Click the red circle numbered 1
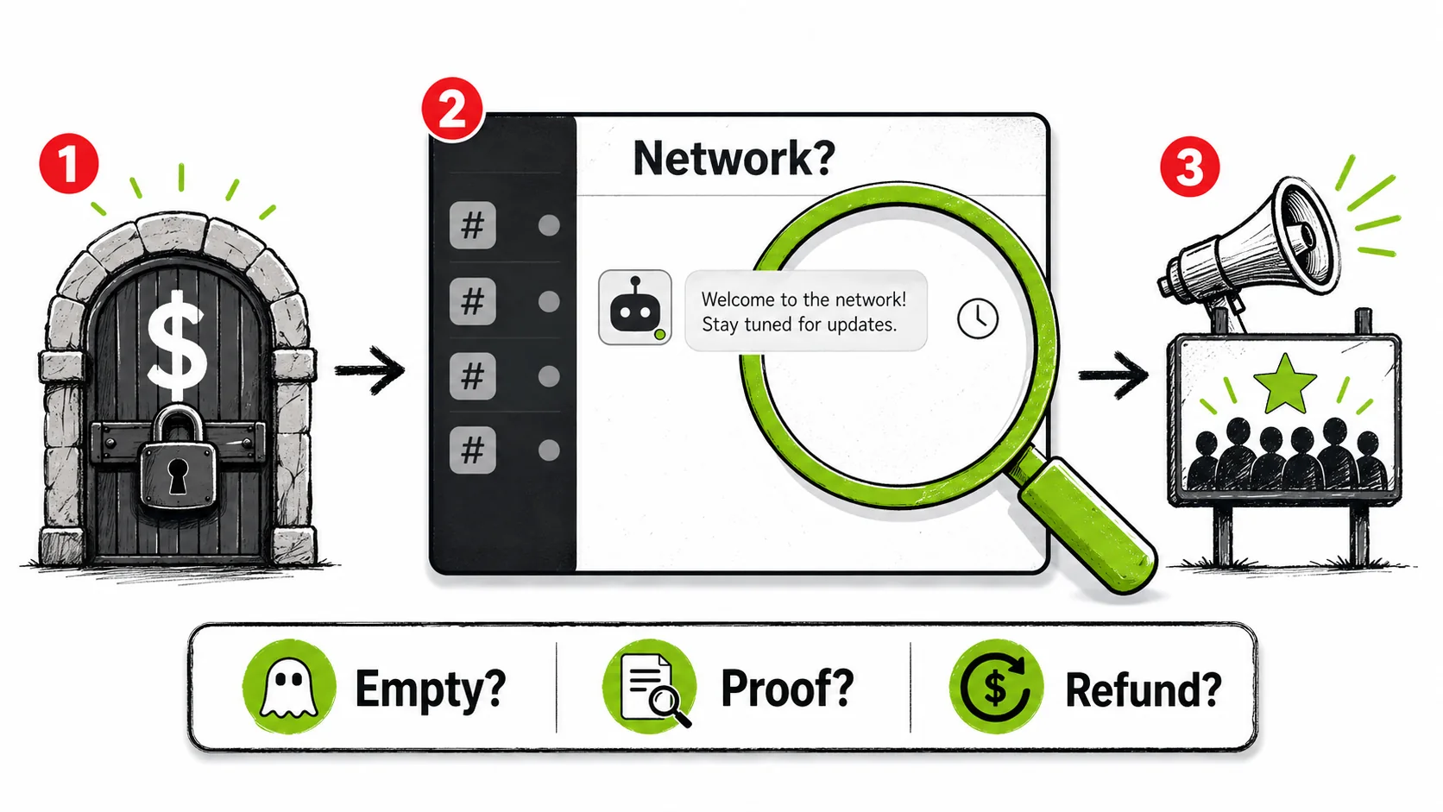(69, 163)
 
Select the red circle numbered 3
(1189, 167)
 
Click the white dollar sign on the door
(177, 345)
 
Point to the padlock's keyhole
(177, 475)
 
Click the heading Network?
(734, 158)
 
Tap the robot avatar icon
(634, 307)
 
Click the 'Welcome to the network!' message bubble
(805, 311)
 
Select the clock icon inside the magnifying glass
(977, 318)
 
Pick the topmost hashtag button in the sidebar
(473, 225)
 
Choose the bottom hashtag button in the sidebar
(473, 450)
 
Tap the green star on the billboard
(1284, 385)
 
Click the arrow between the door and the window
(369, 370)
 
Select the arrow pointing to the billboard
(1113, 375)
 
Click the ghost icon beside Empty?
(288, 686)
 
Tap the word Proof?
(787, 689)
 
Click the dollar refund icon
(996, 686)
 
